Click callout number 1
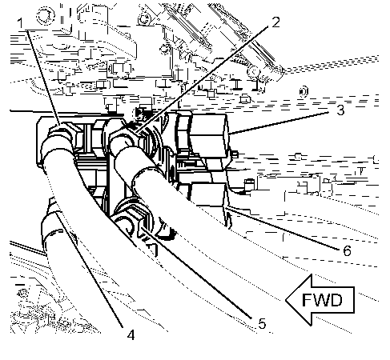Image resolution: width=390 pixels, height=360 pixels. click(x=21, y=23)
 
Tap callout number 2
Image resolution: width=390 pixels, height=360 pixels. click(x=275, y=22)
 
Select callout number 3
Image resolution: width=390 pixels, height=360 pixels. click(x=340, y=110)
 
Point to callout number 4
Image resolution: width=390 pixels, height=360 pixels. click(x=131, y=335)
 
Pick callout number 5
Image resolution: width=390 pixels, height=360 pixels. click(x=262, y=323)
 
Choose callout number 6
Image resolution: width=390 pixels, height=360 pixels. click(x=347, y=250)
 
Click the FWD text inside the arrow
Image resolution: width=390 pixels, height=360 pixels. click(x=322, y=300)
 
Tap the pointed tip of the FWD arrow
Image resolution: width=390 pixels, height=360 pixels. click(x=286, y=300)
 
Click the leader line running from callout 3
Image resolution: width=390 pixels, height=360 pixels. click(x=279, y=123)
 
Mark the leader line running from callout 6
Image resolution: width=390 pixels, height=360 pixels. click(x=283, y=227)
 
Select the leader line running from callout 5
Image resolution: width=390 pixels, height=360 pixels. click(x=196, y=273)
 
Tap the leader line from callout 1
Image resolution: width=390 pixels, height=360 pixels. click(x=43, y=77)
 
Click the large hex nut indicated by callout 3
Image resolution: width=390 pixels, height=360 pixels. click(x=209, y=134)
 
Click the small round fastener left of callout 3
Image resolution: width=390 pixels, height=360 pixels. click(x=304, y=92)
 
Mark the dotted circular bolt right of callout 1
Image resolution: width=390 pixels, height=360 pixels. click(x=46, y=15)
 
